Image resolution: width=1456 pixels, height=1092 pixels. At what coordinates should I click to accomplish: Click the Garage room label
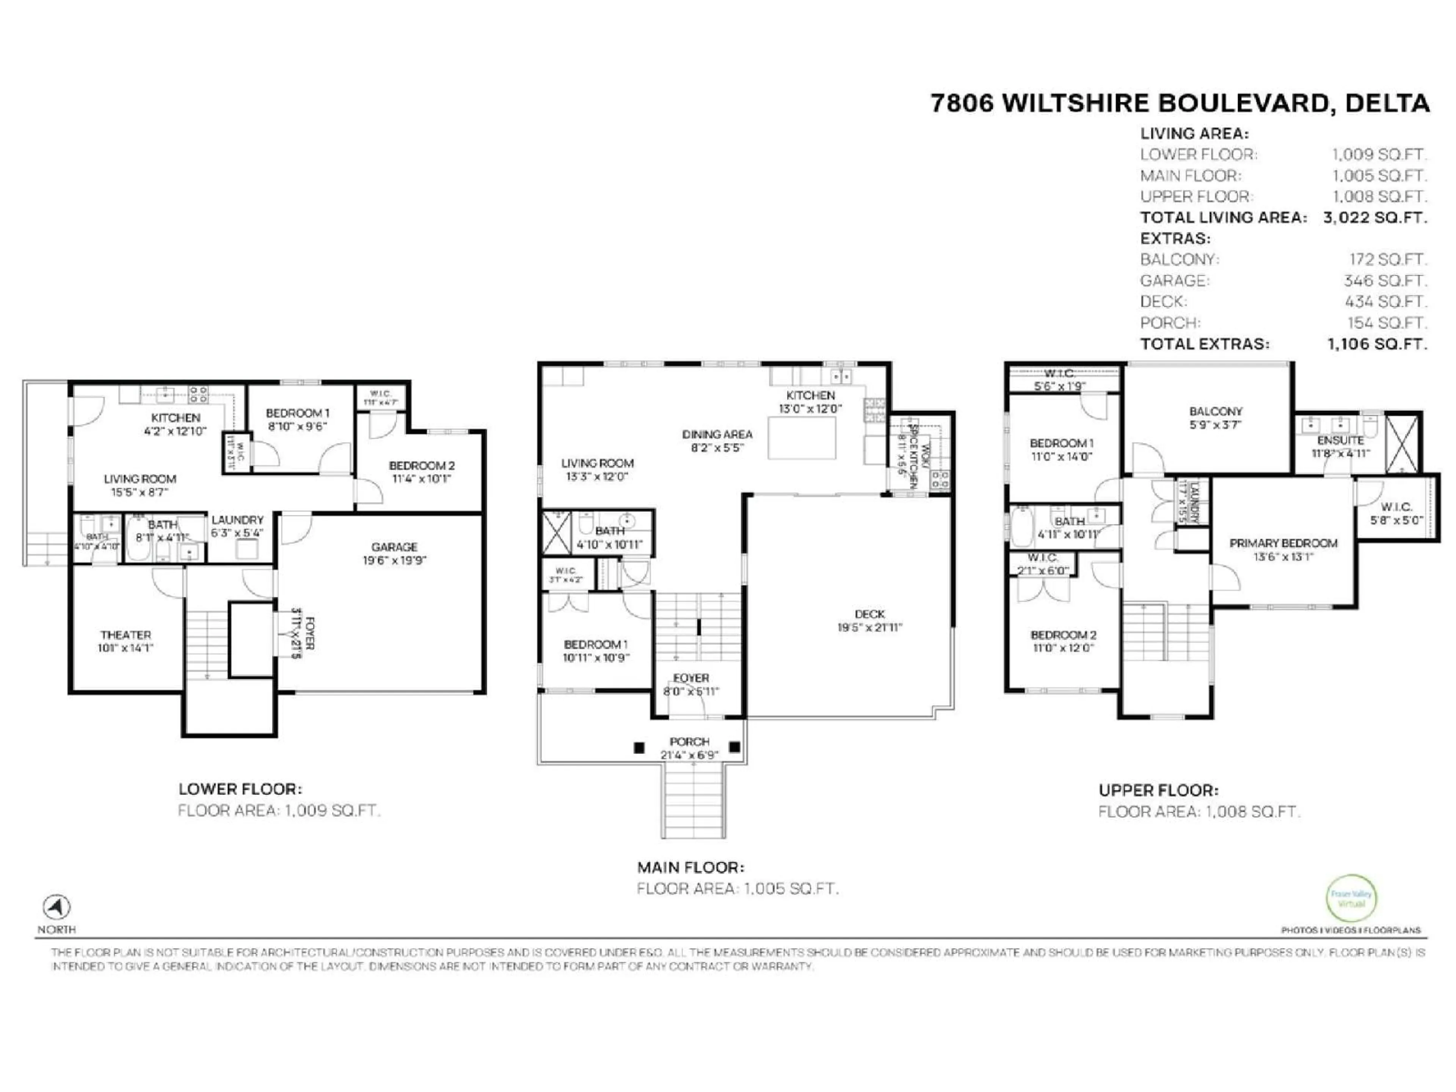394,547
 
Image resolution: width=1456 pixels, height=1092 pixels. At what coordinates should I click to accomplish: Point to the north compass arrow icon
56,907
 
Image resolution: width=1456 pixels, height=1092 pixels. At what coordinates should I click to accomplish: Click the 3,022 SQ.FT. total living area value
1375,218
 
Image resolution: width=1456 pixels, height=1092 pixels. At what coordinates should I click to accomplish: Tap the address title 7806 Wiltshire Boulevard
1180,104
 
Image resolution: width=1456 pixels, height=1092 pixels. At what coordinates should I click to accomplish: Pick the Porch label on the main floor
689,742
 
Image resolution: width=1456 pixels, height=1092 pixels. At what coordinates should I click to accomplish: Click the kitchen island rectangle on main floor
802,438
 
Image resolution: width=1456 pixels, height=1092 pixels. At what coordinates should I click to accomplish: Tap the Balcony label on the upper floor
1215,411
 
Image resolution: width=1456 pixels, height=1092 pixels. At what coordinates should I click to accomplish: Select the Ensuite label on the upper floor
1340,440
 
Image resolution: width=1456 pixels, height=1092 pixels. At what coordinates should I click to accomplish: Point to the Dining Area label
717,435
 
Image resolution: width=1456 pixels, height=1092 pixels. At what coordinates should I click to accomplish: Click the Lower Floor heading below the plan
240,789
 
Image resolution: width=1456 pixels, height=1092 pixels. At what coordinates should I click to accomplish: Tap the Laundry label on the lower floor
237,520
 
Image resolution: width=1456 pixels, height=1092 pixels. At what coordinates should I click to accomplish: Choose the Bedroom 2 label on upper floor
1063,635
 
